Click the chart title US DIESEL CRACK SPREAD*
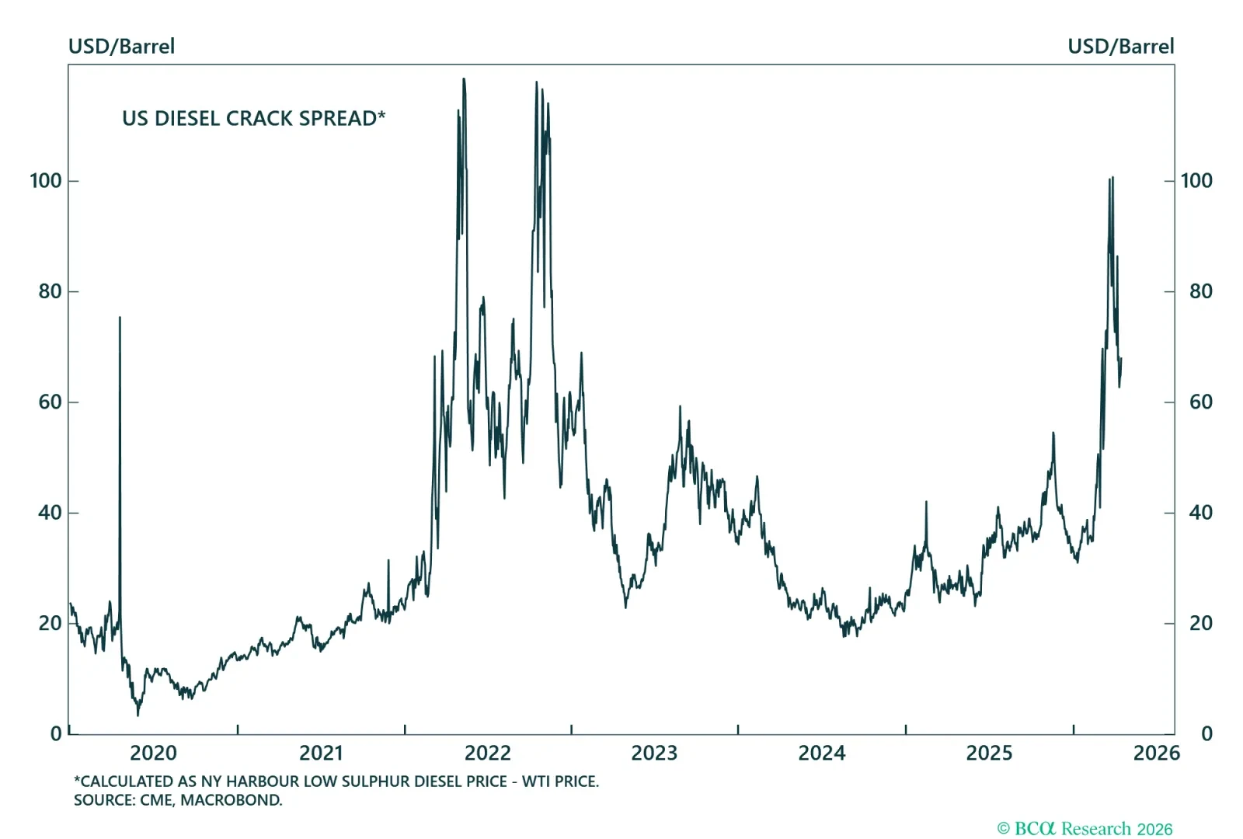(253, 118)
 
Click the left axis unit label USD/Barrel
(121, 47)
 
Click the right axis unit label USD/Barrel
(1120, 47)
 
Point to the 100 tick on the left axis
(46, 181)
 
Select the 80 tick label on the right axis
(1200, 291)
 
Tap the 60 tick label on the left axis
(50, 402)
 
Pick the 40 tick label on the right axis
(1200, 513)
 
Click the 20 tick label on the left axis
(50, 623)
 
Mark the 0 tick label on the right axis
(1206, 734)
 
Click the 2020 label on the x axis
(153, 753)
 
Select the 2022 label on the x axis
(487, 753)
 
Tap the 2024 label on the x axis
(821, 753)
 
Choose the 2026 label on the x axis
(1156, 753)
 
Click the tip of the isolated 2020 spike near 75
(120, 317)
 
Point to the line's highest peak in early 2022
(464, 78)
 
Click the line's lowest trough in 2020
(138, 715)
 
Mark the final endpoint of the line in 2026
(1121, 358)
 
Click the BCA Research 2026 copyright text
(1085, 829)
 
